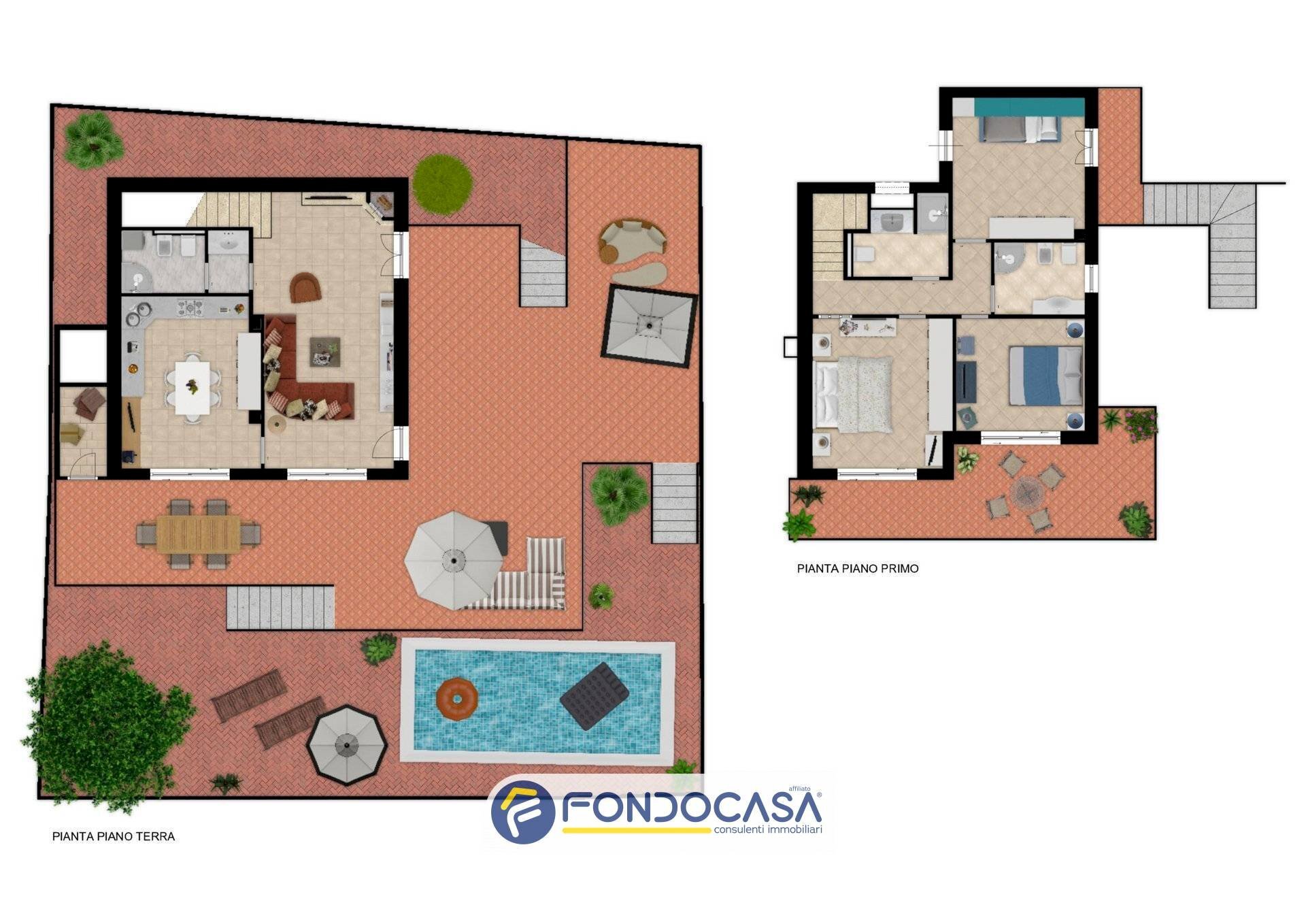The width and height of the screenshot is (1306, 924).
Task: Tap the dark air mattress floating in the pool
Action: pyautogui.click(x=594, y=695)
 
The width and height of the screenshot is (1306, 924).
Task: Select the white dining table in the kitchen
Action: pyautogui.click(x=192, y=386)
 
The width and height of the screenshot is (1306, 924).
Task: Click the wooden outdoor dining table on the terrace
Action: pyautogui.click(x=198, y=533)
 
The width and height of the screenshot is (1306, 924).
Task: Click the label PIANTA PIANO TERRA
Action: pyautogui.click(x=114, y=836)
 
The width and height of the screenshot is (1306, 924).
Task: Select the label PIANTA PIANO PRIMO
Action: pyautogui.click(x=858, y=568)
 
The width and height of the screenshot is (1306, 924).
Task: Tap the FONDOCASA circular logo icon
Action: pyautogui.click(x=522, y=812)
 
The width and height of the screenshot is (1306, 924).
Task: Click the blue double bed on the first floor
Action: pyautogui.click(x=1045, y=375)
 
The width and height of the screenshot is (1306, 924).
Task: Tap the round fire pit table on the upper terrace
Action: pyautogui.click(x=1026, y=491)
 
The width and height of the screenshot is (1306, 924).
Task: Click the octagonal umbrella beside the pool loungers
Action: pyautogui.click(x=347, y=744)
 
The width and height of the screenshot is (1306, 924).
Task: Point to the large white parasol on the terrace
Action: pyautogui.click(x=454, y=559)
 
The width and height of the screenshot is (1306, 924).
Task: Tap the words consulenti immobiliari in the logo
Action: pyautogui.click(x=768, y=829)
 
